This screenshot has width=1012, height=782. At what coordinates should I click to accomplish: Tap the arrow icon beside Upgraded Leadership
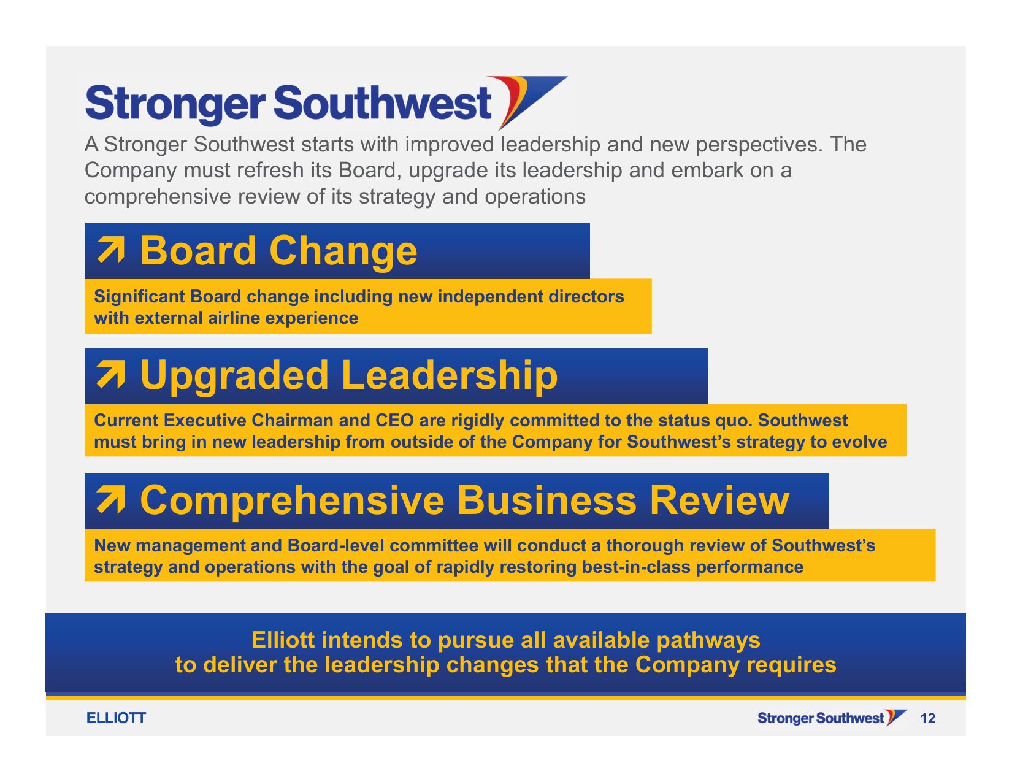point(111,374)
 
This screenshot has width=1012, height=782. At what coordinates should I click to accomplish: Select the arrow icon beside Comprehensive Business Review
point(111,499)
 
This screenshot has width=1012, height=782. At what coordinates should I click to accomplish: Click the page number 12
point(928,718)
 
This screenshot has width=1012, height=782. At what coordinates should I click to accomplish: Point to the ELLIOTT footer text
point(116,718)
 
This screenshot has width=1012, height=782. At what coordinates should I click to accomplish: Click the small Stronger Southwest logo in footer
point(832,718)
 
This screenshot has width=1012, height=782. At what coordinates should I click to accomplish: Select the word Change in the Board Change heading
point(343,251)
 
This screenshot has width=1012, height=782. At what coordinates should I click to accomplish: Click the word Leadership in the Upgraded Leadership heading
point(450,375)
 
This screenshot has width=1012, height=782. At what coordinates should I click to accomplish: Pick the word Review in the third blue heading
point(719,500)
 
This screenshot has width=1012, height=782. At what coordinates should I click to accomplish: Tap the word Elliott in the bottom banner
point(283,640)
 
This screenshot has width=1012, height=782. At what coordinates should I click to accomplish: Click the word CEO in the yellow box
point(394,420)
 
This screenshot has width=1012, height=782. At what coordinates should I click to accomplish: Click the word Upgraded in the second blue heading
point(234,377)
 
